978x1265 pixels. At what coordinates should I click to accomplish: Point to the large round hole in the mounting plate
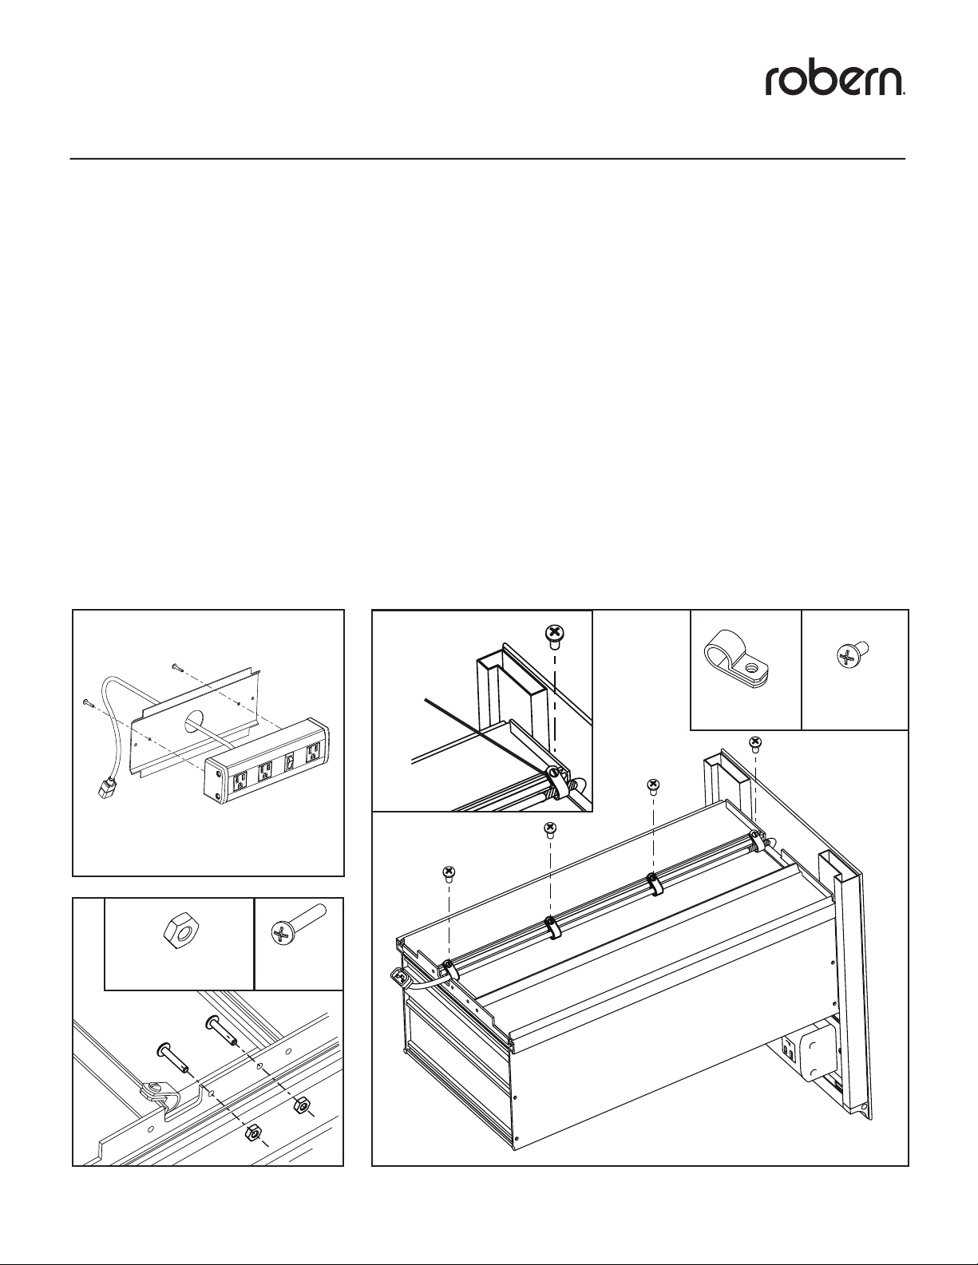[x=192, y=724]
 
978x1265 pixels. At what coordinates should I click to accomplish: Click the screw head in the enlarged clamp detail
[x=555, y=634]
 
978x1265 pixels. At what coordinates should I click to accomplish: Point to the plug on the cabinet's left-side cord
[x=401, y=974]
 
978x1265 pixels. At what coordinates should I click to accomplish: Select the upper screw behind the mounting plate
[x=176, y=666]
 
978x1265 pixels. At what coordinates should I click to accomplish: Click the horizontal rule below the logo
[x=488, y=158]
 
